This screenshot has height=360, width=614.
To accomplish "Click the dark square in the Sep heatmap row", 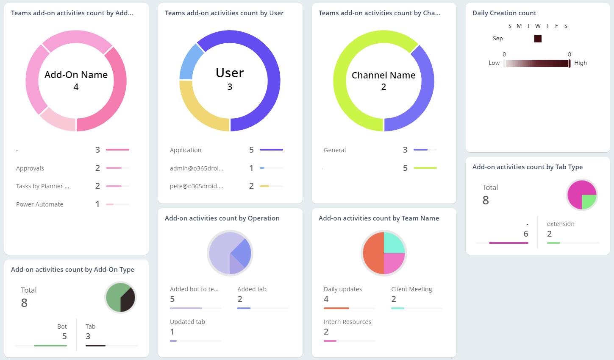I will (538, 39).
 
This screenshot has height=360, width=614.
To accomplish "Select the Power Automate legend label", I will (39, 204).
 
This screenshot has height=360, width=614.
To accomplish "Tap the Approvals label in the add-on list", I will (30, 168).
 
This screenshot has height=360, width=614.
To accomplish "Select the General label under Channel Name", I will (335, 150).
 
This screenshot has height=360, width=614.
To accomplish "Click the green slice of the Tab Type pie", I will (589, 201).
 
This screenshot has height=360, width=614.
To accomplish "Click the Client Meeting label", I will (411, 289).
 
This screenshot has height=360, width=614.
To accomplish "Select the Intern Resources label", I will (347, 322).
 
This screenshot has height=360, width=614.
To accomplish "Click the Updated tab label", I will (187, 322).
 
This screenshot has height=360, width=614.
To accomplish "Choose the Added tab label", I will (252, 289).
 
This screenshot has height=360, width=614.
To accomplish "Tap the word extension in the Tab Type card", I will (561, 224).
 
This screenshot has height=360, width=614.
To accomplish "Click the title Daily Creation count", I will (504, 13).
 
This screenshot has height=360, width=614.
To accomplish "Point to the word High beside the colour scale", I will (581, 63).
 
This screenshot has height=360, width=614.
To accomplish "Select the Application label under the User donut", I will (186, 150).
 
